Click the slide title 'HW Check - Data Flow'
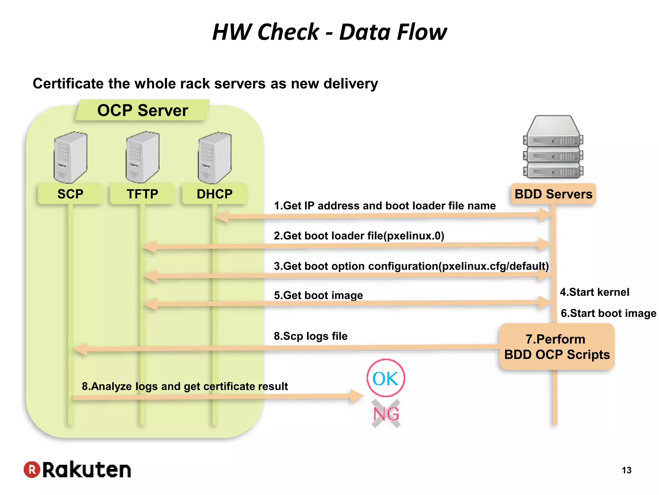pyautogui.click(x=329, y=32)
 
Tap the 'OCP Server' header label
pyautogui.click(x=143, y=110)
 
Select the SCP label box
pyautogui.click(x=70, y=194)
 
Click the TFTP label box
pyautogui.click(x=142, y=194)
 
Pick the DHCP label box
pyautogui.click(x=215, y=194)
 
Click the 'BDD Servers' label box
pyautogui.click(x=553, y=194)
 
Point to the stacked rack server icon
pyautogui.click(x=553, y=147)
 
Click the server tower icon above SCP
pyautogui.click(x=70, y=157)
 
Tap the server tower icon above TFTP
pyautogui.click(x=143, y=157)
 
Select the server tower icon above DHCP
pyautogui.click(x=215, y=158)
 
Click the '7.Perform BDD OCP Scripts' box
pyautogui.click(x=557, y=347)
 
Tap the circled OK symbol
pyautogui.click(x=386, y=378)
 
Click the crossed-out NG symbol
pyautogui.click(x=386, y=413)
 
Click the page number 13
pyautogui.click(x=627, y=470)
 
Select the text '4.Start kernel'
pyautogui.click(x=595, y=292)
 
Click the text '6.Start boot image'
pyautogui.click(x=608, y=313)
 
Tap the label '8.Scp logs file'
pyautogui.click(x=311, y=336)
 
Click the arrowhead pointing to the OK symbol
pyautogui.click(x=357, y=396)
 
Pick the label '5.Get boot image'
pyautogui.click(x=318, y=295)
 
